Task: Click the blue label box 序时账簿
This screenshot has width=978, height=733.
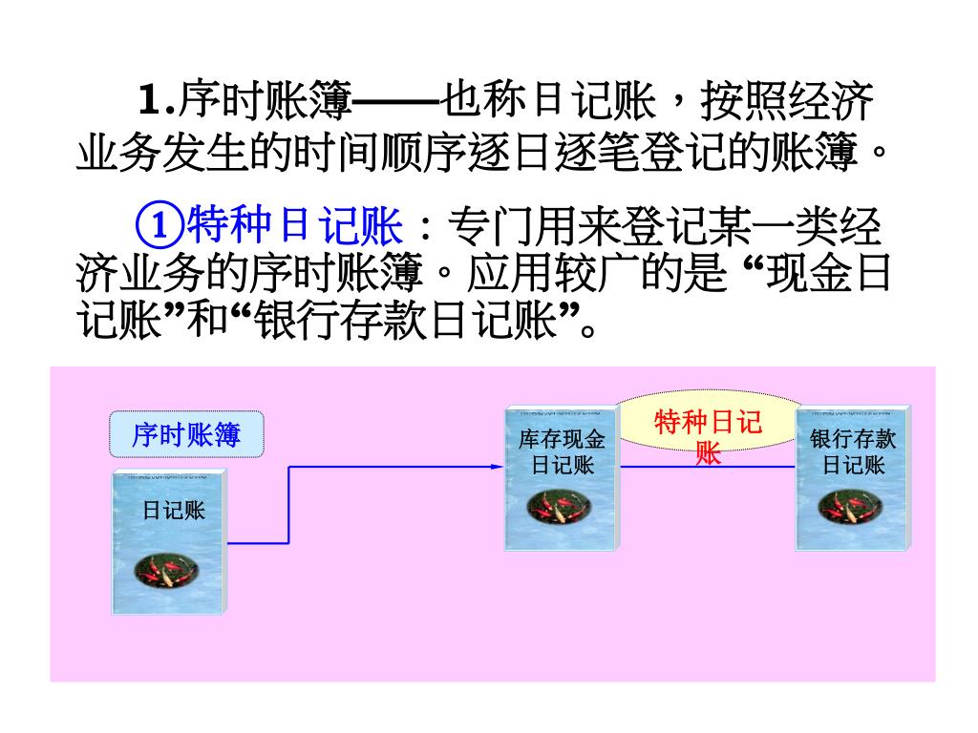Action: [186, 436]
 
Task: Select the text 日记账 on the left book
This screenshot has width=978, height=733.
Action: [174, 511]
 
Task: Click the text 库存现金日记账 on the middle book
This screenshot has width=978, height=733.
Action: [563, 452]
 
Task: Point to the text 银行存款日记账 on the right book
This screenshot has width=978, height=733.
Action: [854, 452]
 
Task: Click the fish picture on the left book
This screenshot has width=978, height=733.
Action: [169, 572]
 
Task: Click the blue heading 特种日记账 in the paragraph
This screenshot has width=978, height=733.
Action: [294, 226]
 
